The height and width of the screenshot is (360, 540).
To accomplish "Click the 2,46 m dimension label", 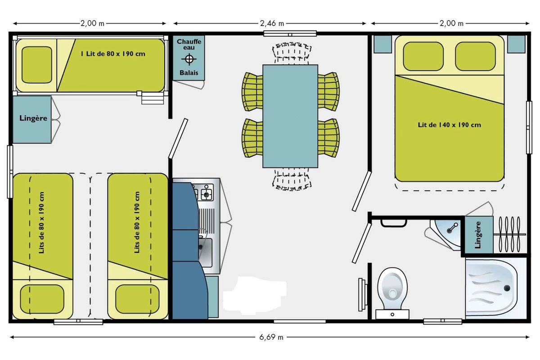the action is [272, 23].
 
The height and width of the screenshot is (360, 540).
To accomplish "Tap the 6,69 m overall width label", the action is [271, 337].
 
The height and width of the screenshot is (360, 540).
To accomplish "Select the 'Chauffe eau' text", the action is [189, 45].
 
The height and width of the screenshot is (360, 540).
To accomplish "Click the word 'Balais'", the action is [189, 72].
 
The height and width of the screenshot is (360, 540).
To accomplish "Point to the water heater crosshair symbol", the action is [189, 59].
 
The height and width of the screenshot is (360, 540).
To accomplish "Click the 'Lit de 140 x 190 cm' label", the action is [450, 125].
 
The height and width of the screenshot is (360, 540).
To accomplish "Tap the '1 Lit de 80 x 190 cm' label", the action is [113, 54].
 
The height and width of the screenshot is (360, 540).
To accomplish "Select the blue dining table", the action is [290, 116].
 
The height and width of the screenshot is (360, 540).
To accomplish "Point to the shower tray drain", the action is [507, 288].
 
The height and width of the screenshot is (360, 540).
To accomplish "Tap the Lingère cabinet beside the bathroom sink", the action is [479, 235].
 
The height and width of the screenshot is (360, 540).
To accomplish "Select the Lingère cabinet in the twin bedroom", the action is [32, 120].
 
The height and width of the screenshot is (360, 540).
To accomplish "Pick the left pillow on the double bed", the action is [423, 56].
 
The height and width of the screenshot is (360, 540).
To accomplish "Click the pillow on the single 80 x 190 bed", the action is [37, 65].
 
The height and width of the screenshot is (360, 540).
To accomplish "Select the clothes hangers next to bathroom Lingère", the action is [509, 234].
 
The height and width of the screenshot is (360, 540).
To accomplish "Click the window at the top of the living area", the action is [290, 33].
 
